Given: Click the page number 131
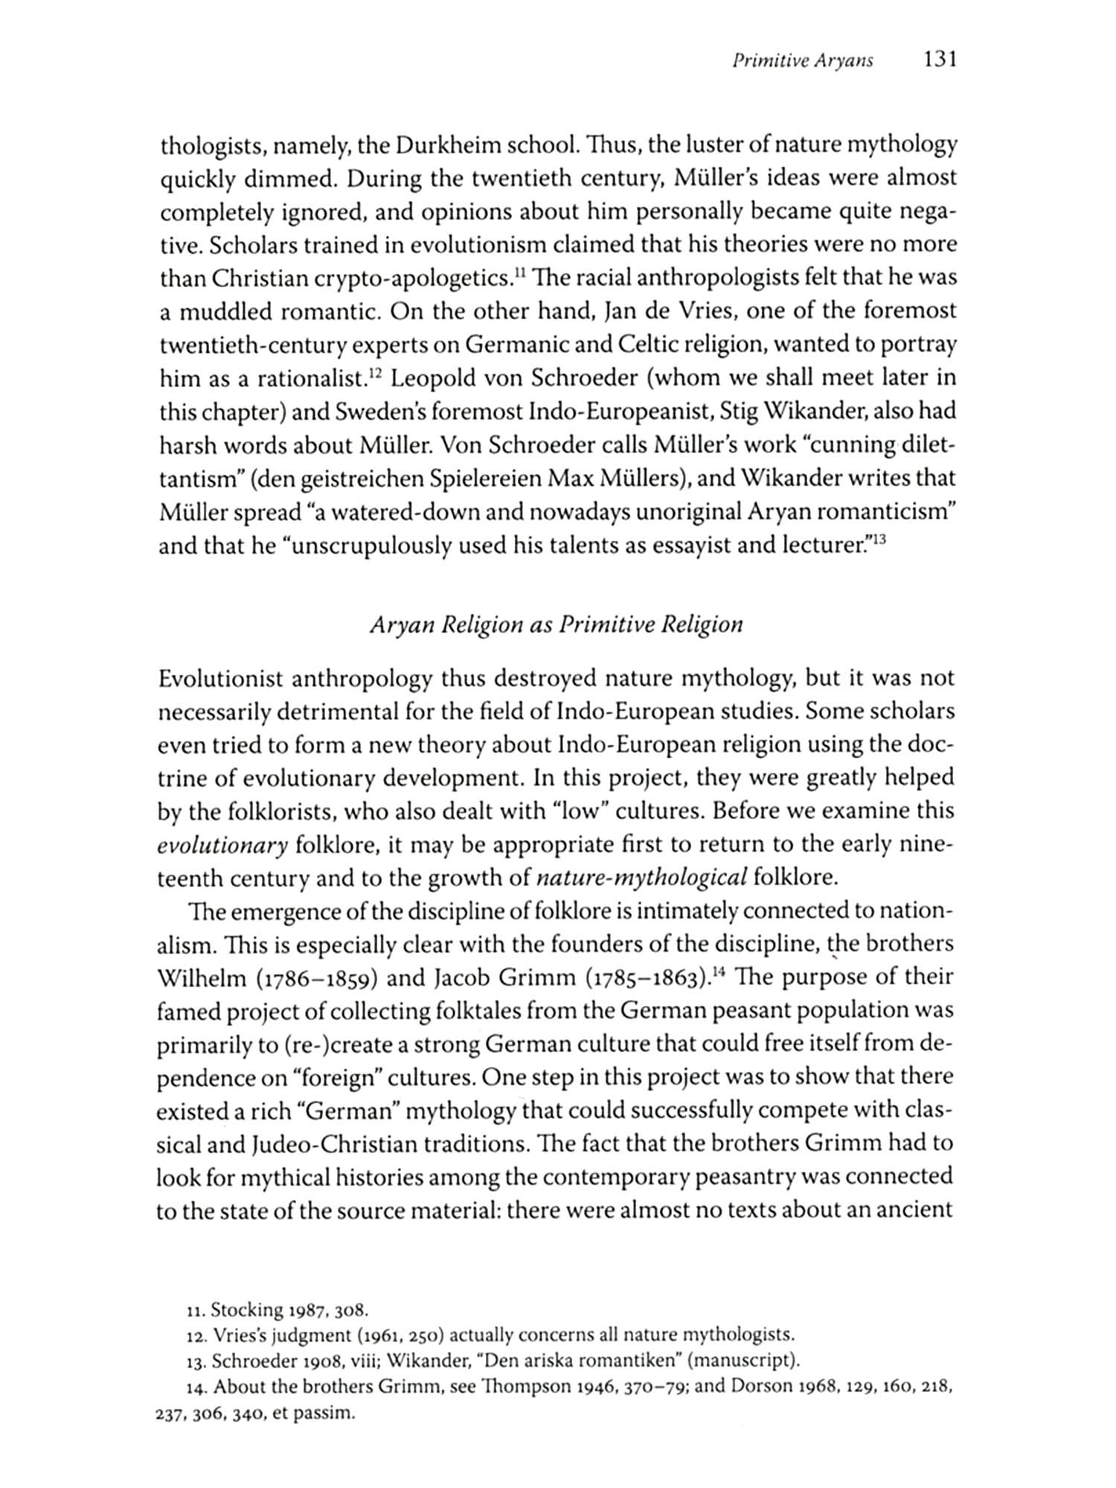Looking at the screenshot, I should pos(939,60).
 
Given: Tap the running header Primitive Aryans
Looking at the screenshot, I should pos(803,62).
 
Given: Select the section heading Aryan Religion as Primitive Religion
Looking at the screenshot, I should pos(557,623).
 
